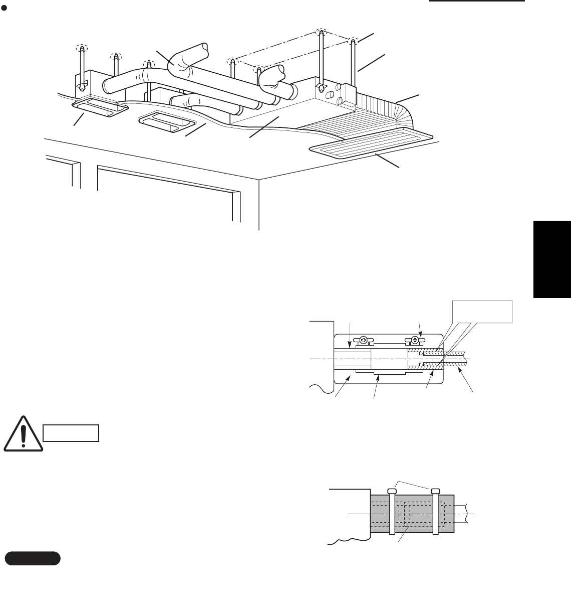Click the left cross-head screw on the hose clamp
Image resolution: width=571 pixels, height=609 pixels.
pyautogui.click(x=366, y=341)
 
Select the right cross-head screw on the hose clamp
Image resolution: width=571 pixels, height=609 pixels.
pyautogui.click(x=415, y=340)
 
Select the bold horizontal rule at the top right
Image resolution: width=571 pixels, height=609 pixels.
pyautogui.click(x=476, y=2)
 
